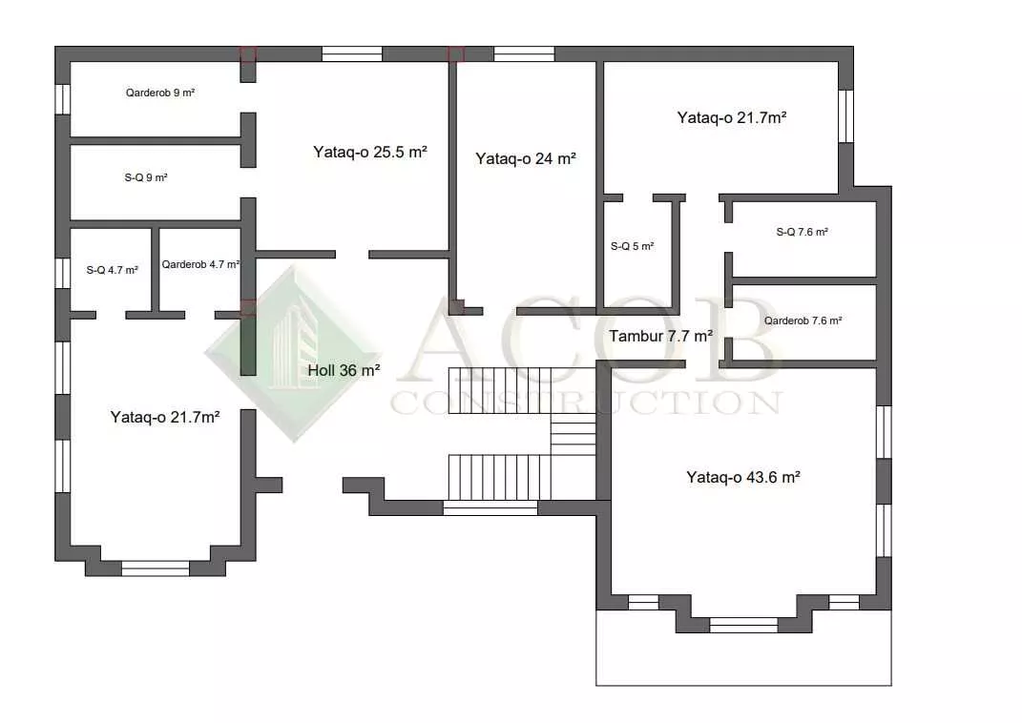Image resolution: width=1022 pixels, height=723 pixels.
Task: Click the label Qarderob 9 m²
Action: (x=160, y=93)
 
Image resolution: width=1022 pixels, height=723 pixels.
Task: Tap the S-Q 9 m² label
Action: (x=146, y=177)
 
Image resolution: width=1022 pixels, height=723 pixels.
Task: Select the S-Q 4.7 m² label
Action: (x=112, y=270)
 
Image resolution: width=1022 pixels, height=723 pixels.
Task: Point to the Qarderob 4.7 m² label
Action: (x=200, y=264)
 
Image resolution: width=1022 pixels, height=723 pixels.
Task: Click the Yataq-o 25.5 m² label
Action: (x=369, y=152)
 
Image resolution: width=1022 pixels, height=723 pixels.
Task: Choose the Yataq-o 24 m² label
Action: (x=526, y=158)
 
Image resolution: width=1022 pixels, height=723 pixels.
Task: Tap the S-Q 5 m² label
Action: (x=633, y=246)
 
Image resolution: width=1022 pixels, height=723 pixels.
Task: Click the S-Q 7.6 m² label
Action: (x=802, y=232)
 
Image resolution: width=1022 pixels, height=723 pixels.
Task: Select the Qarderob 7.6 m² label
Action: (x=803, y=320)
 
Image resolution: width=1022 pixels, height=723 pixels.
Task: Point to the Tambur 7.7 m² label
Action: (x=661, y=336)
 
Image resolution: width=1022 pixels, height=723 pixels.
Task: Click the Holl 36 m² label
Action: (x=344, y=370)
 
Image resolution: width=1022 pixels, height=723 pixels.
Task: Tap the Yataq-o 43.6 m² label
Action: (x=743, y=478)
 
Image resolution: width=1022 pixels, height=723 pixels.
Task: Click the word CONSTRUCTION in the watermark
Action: (x=586, y=403)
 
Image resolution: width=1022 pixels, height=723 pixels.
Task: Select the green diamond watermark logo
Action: (x=293, y=355)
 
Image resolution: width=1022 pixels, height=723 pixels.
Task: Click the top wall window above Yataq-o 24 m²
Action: (x=524, y=53)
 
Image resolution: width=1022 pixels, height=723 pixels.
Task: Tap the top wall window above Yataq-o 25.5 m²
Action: (x=352, y=53)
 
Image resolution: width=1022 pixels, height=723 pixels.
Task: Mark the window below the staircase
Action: (x=490, y=508)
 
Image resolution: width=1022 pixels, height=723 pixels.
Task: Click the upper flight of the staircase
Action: (x=521, y=389)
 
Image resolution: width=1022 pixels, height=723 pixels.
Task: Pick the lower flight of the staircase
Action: (x=499, y=478)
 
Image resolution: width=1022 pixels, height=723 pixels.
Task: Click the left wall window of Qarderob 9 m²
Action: (x=63, y=99)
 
